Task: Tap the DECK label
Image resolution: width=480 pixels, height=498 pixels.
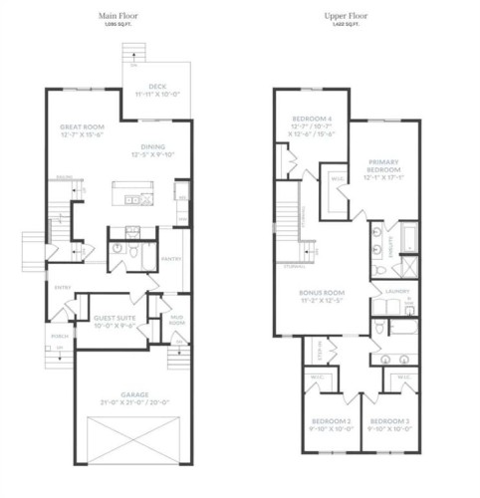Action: click(156, 87)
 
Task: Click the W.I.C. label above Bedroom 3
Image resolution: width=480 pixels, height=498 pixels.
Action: click(402, 376)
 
